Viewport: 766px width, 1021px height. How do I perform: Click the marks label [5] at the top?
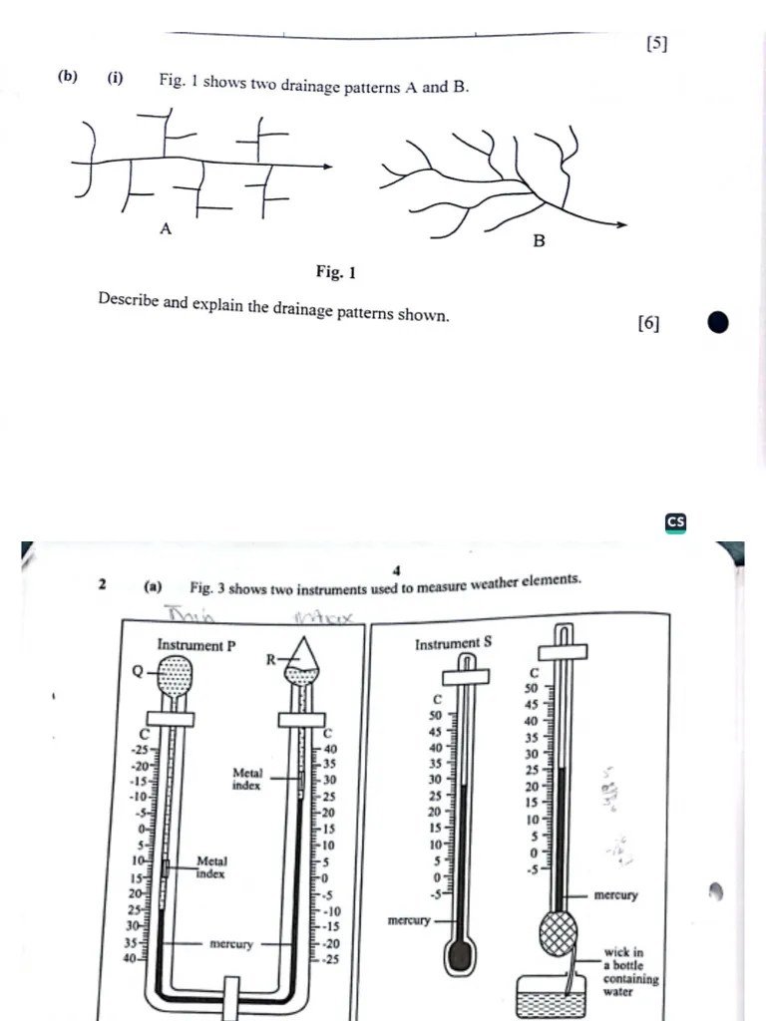(x=656, y=43)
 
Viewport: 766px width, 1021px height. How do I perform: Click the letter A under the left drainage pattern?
(x=166, y=229)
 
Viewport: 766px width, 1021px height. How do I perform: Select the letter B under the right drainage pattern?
(x=539, y=240)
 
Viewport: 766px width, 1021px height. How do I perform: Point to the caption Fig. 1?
(x=335, y=271)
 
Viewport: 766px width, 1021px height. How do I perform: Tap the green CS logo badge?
(x=676, y=522)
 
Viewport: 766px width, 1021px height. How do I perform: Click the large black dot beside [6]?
(x=717, y=322)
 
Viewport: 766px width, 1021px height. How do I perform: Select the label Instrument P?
(x=196, y=645)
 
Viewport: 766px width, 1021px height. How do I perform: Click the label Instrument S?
(x=453, y=643)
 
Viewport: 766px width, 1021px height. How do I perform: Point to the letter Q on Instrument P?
(x=138, y=671)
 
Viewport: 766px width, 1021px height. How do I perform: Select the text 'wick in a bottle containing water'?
(x=630, y=972)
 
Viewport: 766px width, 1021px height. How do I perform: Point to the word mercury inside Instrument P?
(x=231, y=943)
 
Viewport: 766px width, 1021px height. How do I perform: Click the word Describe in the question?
(x=130, y=301)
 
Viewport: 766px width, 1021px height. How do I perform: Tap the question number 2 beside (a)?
(x=103, y=585)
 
